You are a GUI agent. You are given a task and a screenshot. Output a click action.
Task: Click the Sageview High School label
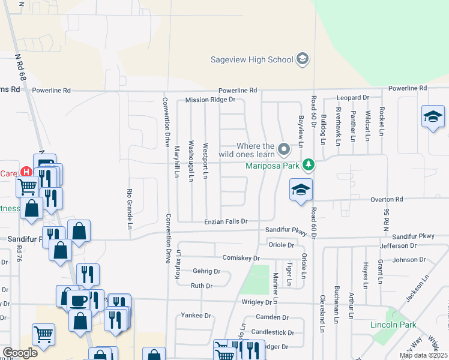(x=252, y=59)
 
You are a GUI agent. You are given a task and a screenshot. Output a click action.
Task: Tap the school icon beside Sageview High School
(x=303, y=59)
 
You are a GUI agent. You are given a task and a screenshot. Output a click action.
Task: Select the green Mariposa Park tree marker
(x=308, y=164)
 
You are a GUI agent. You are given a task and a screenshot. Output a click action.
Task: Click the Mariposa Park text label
(x=273, y=164)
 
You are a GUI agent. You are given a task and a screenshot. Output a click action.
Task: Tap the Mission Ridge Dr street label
(x=210, y=100)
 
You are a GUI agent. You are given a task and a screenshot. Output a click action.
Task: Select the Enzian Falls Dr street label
(x=226, y=221)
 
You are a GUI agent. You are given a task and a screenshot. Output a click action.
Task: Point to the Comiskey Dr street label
(x=241, y=258)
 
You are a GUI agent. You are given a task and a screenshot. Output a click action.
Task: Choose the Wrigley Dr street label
(x=258, y=302)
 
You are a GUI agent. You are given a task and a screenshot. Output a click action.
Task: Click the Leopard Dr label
(x=352, y=97)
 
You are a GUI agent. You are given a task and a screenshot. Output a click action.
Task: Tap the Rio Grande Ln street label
(x=129, y=209)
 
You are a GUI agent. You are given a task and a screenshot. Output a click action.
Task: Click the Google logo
(x=20, y=353)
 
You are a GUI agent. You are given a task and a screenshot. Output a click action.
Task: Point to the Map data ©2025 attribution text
(x=423, y=355)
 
